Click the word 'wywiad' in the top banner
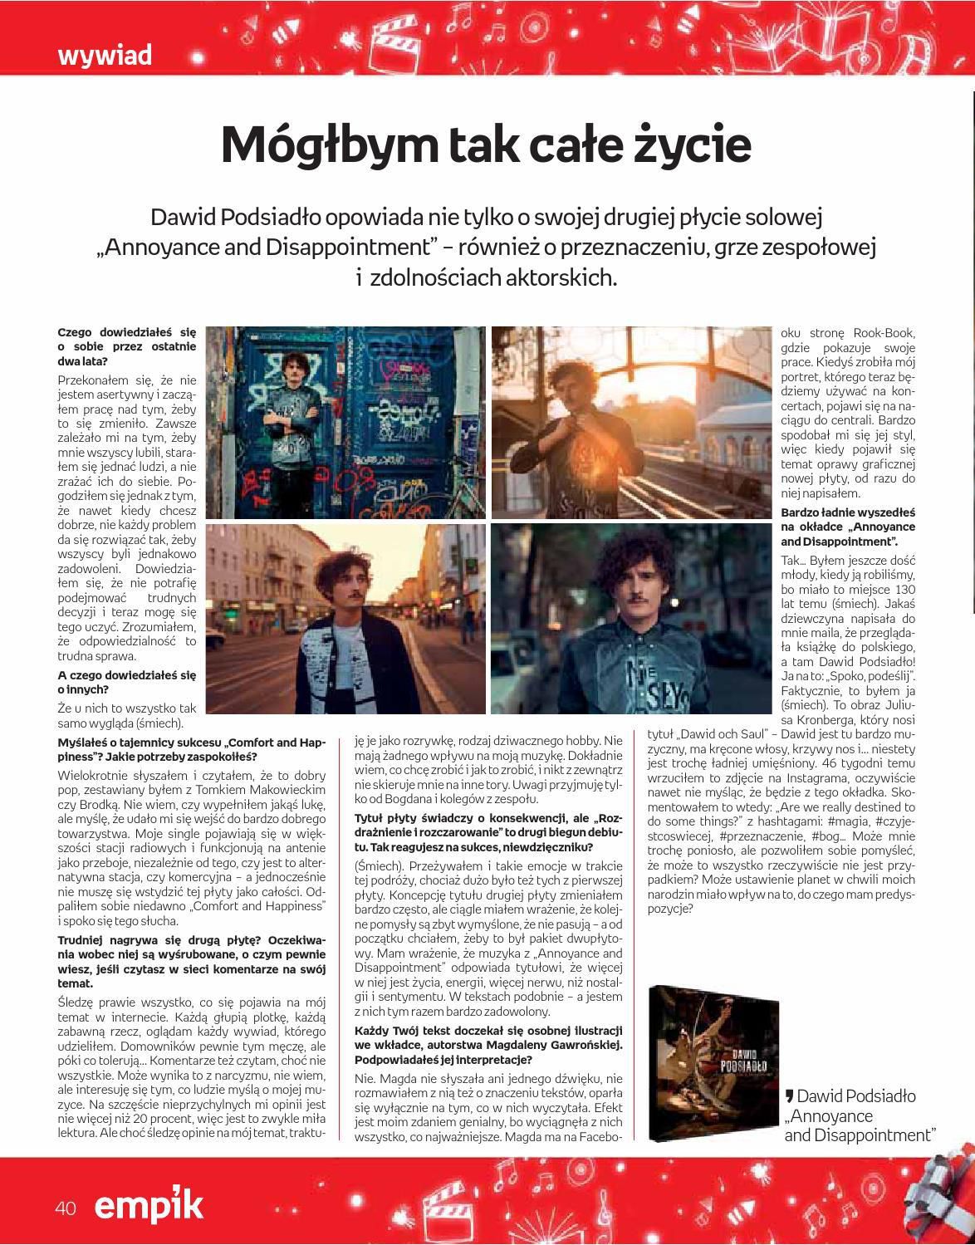tap(105, 56)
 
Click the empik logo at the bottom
tap(148, 1205)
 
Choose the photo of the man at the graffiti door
tap(345, 422)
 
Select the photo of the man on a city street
tap(345, 618)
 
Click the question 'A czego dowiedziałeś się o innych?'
tap(126, 683)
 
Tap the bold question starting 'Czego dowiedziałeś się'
tap(126, 347)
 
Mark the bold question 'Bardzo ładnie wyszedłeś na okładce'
tap(847, 527)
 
